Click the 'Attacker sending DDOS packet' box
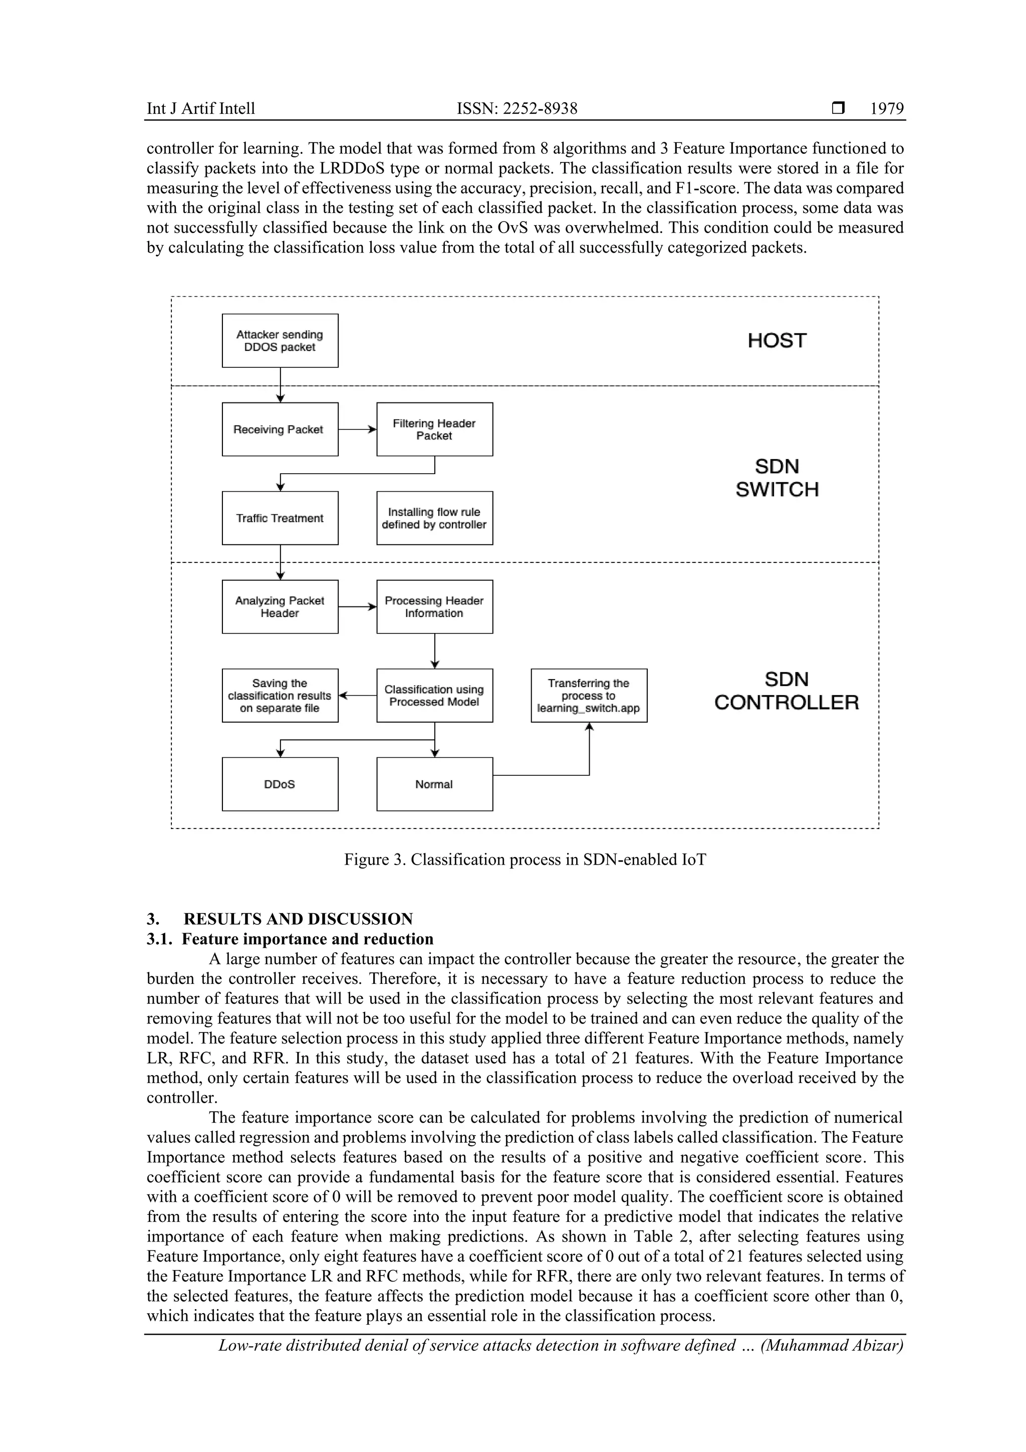[x=280, y=341]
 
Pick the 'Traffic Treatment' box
[x=280, y=518]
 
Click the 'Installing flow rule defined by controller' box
[x=434, y=518]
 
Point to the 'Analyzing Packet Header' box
[x=280, y=606]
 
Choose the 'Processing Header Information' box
[x=434, y=606]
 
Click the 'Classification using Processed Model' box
[x=434, y=696]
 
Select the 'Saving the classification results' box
[x=280, y=696]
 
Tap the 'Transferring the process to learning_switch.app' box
[x=589, y=696]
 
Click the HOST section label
[x=777, y=341]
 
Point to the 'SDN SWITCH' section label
[x=777, y=478]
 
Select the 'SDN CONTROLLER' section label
[x=787, y=691]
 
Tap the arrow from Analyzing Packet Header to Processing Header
[x=357, y=606]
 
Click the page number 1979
[x=886, y=109]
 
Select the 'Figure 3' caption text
[x=525, y=860]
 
